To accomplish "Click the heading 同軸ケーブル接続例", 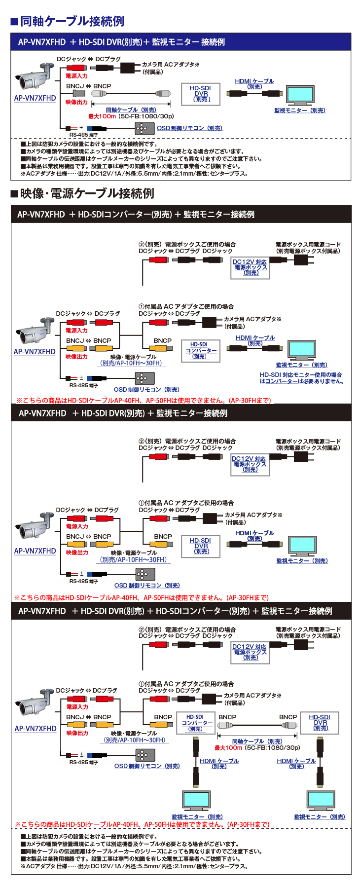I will (x=72, y=21).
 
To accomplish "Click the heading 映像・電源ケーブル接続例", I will (x=87, y=193).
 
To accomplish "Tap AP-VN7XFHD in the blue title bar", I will (x=41, y=42).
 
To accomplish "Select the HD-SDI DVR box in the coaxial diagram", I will (x=201, y=94).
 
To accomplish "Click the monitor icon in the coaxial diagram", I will (x=300, y=95).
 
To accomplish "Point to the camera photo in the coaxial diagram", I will (x=34, y=77).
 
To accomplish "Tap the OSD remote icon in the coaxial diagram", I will (x=142, y=128).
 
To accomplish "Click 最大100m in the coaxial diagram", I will (x=102, y=116).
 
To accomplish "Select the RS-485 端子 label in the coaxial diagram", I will (x=83, y=135).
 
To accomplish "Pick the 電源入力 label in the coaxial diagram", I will (x=76, y=76).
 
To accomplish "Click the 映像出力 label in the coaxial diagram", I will (x=76, y=102).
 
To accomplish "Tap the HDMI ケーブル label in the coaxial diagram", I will (x=254, y=81).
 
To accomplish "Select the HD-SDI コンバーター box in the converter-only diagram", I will (x=200, y=350).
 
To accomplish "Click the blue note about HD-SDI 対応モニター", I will (x=301, y=378).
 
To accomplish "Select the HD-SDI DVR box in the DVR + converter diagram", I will (x=320, y=723).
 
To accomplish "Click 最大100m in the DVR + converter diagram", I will (x=228, y=748).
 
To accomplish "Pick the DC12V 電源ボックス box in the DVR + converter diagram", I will (x=250, y=652).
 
